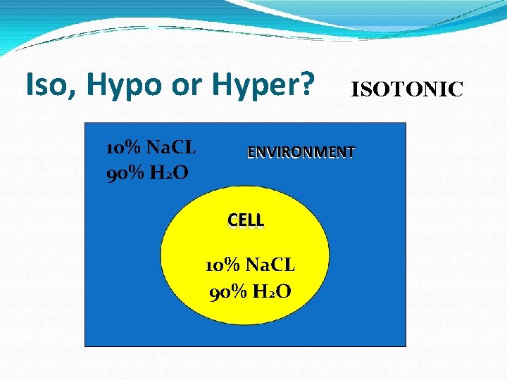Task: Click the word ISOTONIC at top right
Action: click(x=407, y=89)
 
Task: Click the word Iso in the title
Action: click(x=49, y=85)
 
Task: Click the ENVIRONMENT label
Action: click(x=301, y=152)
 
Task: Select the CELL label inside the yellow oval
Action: click(x=246, y=220)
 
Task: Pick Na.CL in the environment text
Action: click(x=173, y=148)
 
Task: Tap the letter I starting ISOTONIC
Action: click(x=355, y=89)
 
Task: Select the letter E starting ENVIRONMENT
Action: click(x=251, y=152)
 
